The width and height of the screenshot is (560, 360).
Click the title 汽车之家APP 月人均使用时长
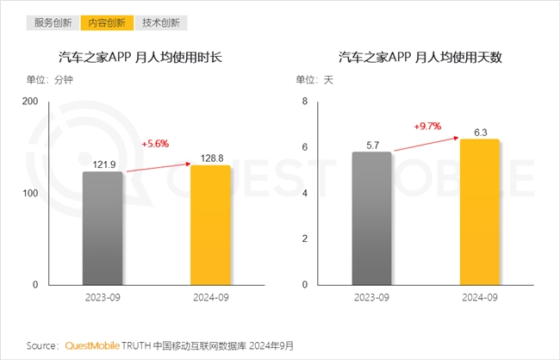[140, 58]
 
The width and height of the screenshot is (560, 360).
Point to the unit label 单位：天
[314, 80]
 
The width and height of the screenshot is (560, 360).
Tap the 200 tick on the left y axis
[30, 102]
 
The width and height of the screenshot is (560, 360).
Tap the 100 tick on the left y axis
[30, 194]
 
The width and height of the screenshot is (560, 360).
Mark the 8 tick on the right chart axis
[303, 102]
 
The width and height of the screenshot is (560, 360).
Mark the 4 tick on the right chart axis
[303, 194]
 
